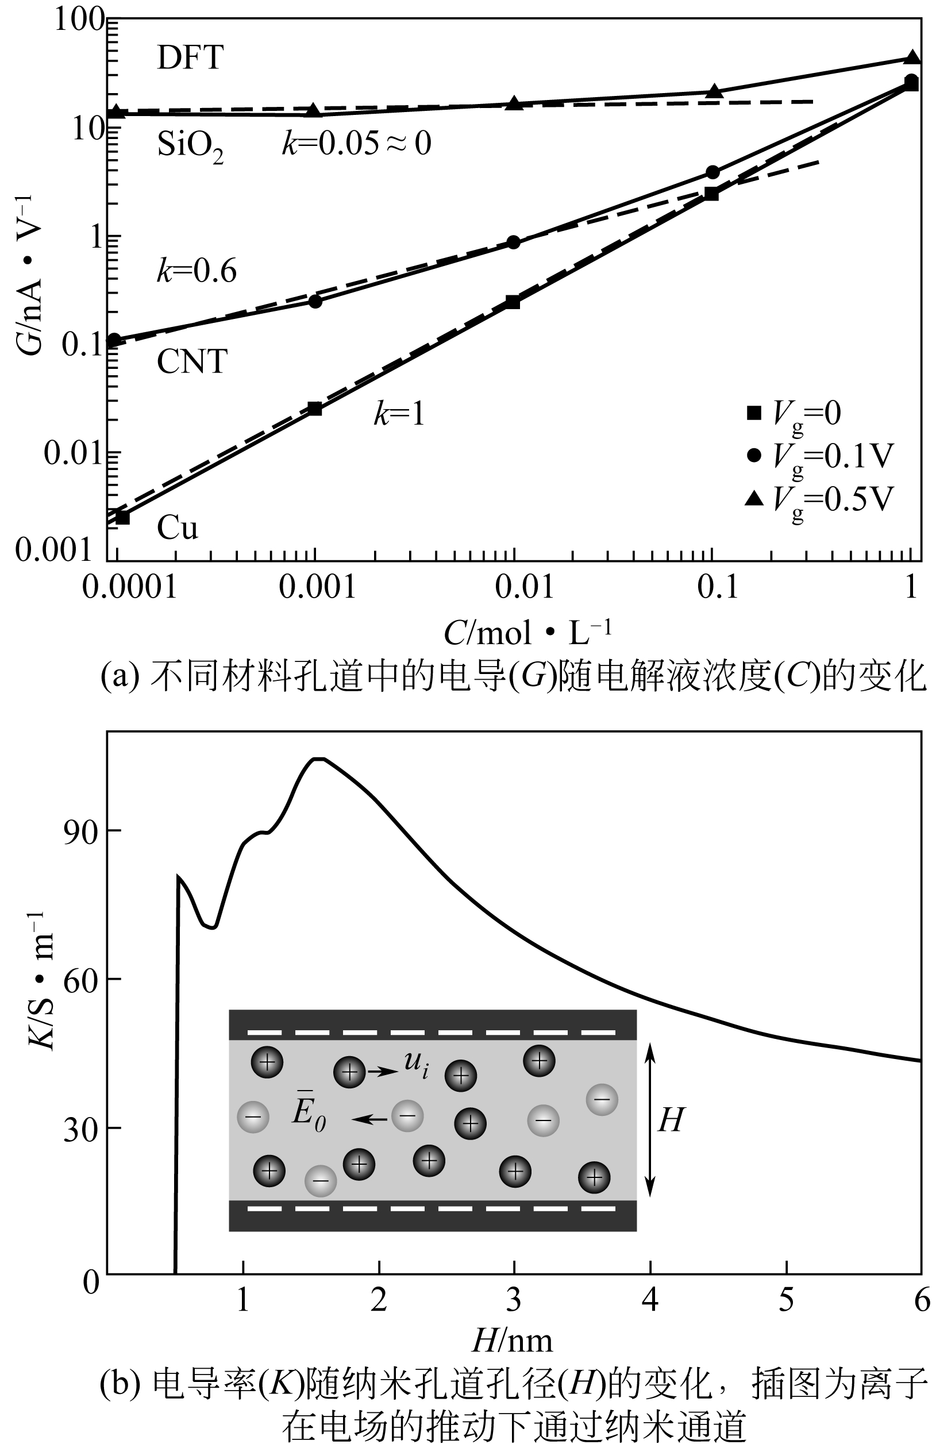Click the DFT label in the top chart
click(190, 58)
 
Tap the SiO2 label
click(190, 146)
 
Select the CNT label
click(192, 362)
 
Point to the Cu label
click(178, 527)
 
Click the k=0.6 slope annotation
click(197, 271)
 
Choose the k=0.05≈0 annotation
click(356, 144)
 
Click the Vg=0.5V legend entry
click(820, 500)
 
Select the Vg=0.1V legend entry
click(820, 456)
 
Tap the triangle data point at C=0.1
click(715, 91)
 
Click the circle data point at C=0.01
click(513, 242)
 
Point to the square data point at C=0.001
click(314, 409)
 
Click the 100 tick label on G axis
click(79, 20)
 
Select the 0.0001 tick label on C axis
click(129, 587)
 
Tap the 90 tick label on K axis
click(80, 834)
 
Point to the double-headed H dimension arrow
click(650, 1119)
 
